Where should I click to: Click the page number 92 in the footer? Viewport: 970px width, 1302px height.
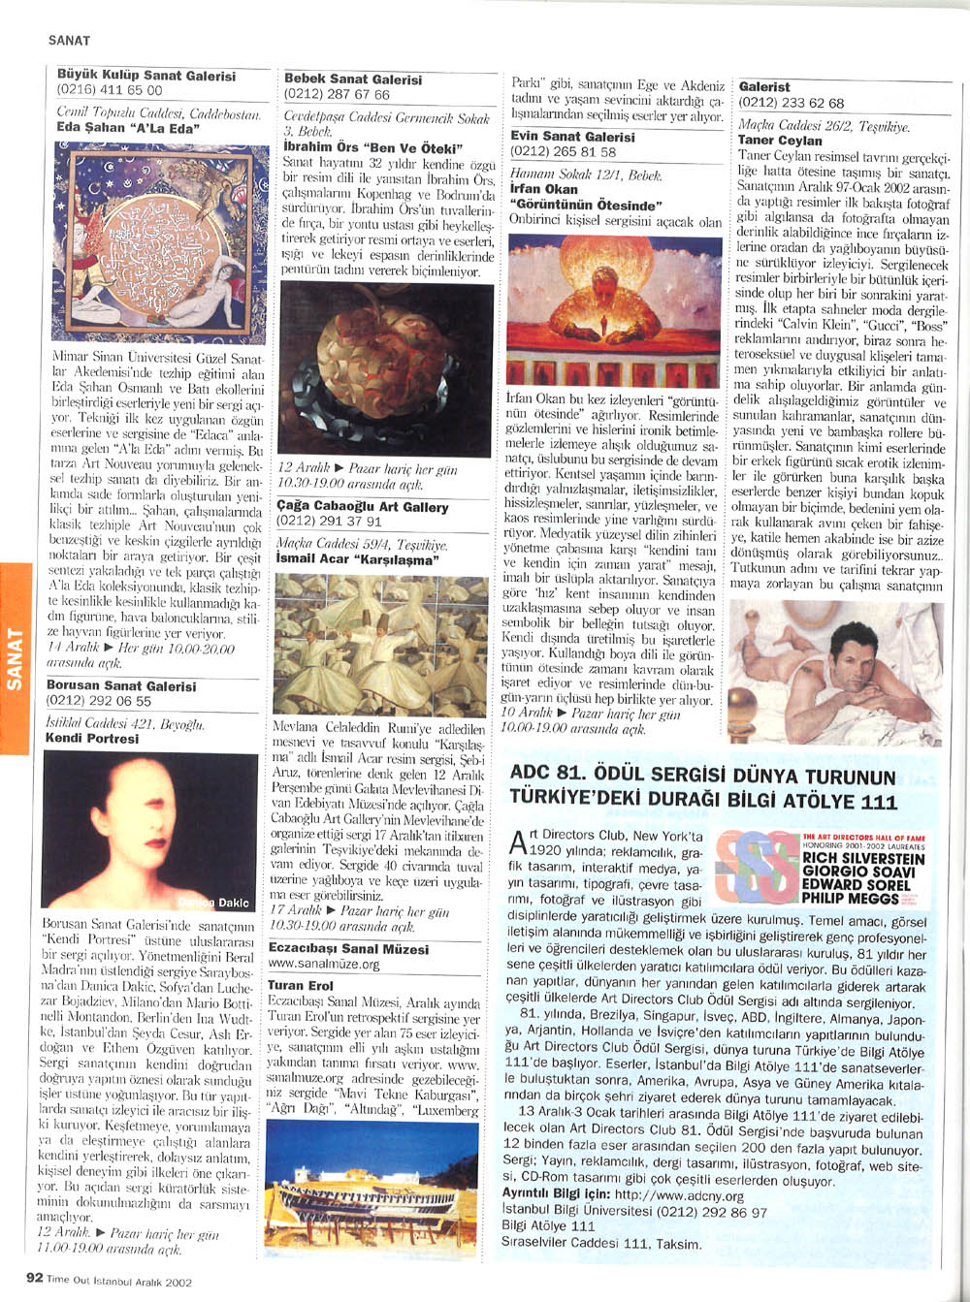click(34, 1278)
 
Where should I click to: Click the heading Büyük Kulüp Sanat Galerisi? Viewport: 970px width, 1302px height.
click(146, 75)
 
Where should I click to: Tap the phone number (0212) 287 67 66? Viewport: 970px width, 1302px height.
click(337, 95)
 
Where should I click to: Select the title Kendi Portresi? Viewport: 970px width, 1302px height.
click(92, 738)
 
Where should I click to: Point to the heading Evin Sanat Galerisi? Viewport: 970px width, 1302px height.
click(573, 137)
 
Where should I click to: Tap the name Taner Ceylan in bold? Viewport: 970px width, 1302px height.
click(780, 141)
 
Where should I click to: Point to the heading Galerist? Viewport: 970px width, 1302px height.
click(764, 87)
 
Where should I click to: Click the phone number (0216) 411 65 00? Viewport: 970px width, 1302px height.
click(110, 90)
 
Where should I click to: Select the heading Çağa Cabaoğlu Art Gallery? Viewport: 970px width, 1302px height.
click(363, 507)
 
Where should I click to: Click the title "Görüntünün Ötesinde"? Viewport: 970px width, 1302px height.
click(585, 206)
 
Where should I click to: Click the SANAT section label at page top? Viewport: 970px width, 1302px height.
click(69, 41)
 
